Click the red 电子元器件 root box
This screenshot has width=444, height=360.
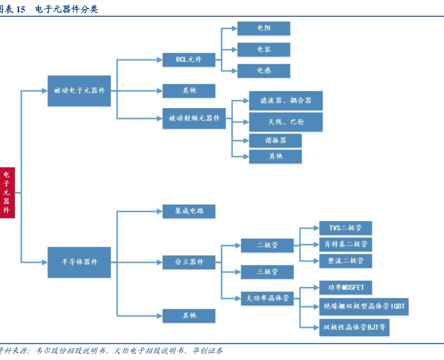[x=7, y=192]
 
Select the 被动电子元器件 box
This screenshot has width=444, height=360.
[x=79, y=91]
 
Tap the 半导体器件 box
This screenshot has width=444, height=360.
[x=79, y=262]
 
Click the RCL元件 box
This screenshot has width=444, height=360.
[x=189, y=59]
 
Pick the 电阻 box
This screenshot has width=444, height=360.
[x=264, y=29]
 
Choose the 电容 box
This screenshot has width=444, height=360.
[x=264, y=50]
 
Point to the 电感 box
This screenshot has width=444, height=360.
[x=264, y=71]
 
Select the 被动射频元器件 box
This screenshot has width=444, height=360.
[x=194, y=118]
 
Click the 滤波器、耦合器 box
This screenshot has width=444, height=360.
[x=285, y=101]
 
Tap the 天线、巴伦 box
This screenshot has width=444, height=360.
[x=285, y=122]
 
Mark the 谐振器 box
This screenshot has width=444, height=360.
[x=275, y=141]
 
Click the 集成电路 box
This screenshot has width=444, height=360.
[x=189, y=211]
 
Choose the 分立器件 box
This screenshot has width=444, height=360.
[x=189, y=262]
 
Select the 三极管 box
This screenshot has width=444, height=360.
[x=267, y=272]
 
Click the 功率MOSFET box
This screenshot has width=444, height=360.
[x=345, y=288]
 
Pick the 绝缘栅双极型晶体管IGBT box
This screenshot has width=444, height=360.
[x=362, y=307]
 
